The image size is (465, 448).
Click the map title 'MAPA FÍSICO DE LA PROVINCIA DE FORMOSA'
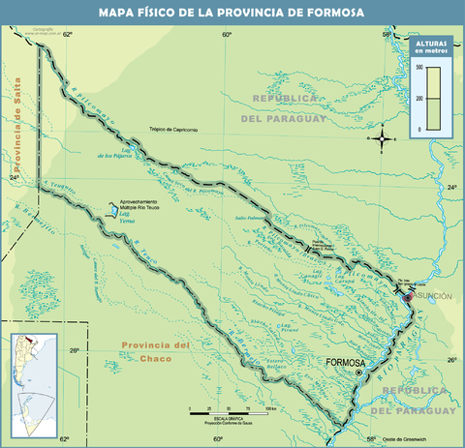click(232, 13)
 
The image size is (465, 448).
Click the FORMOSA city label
click(346, 362)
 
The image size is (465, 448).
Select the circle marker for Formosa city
click(358, 373)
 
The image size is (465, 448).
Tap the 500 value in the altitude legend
click(418, 68)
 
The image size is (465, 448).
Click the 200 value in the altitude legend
click(418, 99)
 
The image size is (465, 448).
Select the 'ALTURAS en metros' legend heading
click(431, 49)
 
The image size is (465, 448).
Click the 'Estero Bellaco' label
click(278, 363)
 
